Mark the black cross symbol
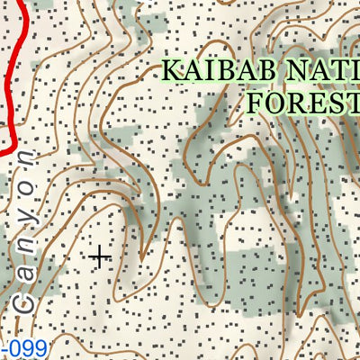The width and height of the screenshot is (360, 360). coord(100,256)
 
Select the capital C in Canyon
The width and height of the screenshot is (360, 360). coord(25,301)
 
